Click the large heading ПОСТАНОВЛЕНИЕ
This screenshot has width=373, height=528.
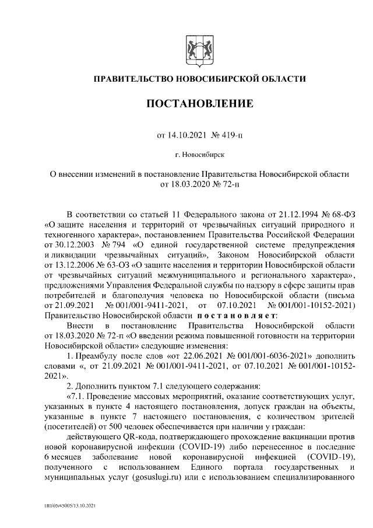pyautogui.click(x=199, y=104)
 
